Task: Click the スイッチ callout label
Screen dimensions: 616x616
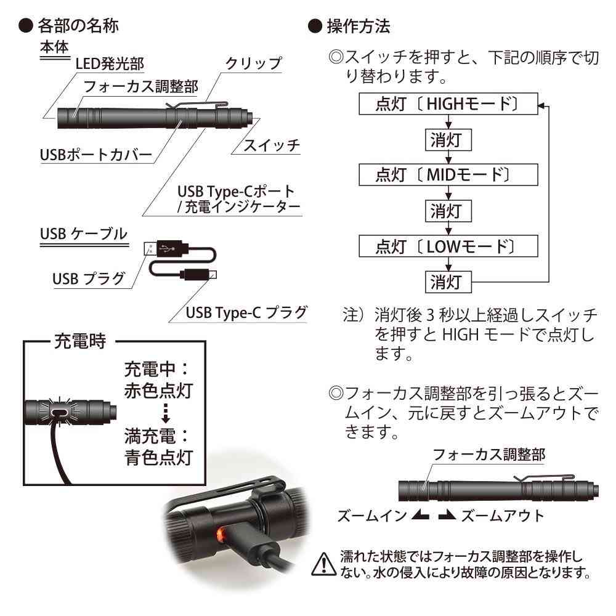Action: pos(272,145)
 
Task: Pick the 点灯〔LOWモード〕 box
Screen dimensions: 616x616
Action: pos(447,247)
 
